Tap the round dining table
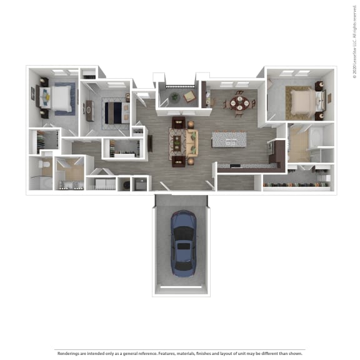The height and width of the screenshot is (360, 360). [x=239, y=103]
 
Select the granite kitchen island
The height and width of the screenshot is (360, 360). [x=229, y=140]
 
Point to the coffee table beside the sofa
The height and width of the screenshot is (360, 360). [x=178, y=141]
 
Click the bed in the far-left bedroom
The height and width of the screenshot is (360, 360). [x=59, y=97]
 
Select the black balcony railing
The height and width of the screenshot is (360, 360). [x=178, y=86]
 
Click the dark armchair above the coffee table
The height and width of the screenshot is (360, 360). [x=178, y=122]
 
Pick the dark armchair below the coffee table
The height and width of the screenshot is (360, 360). [x=178, y=160]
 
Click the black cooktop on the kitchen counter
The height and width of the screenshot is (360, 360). [x=272, y=150]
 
